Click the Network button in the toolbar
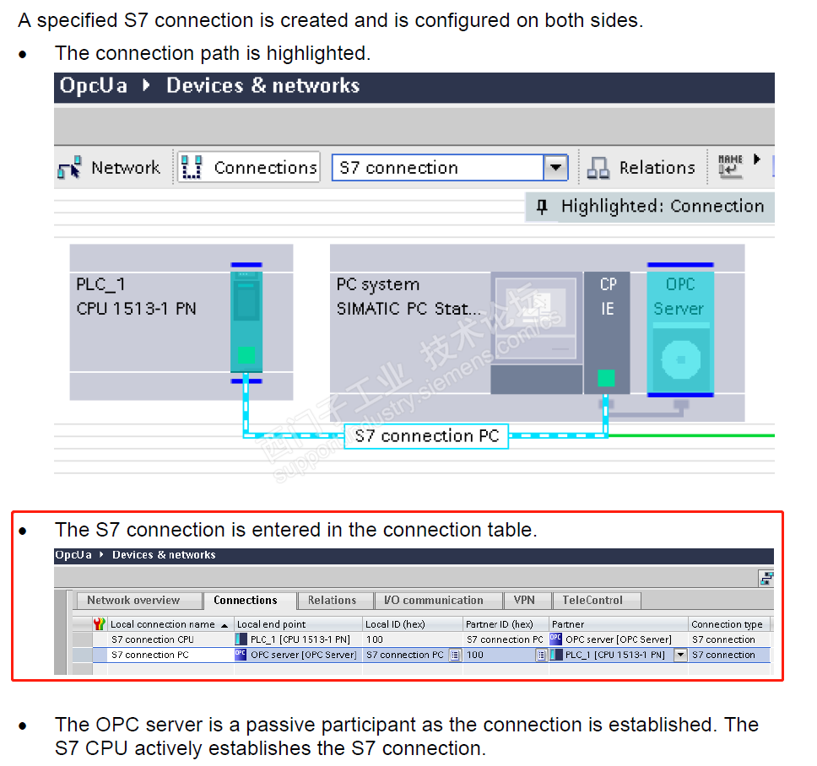(109, 168)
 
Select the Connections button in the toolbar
(248, 167)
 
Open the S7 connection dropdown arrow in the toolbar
(555, 168)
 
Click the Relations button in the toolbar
(641, 168)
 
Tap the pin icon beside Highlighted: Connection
(542, 207)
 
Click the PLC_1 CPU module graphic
(246, 320)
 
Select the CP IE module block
(607, 332)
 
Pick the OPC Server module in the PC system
(680, 330)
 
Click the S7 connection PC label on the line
(427, 436)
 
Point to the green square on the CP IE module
(606, 378)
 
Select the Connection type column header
(728, 623)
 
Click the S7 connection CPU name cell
(153, 639)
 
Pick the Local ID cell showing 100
(375, 639)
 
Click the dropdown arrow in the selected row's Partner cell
(680, 655)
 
